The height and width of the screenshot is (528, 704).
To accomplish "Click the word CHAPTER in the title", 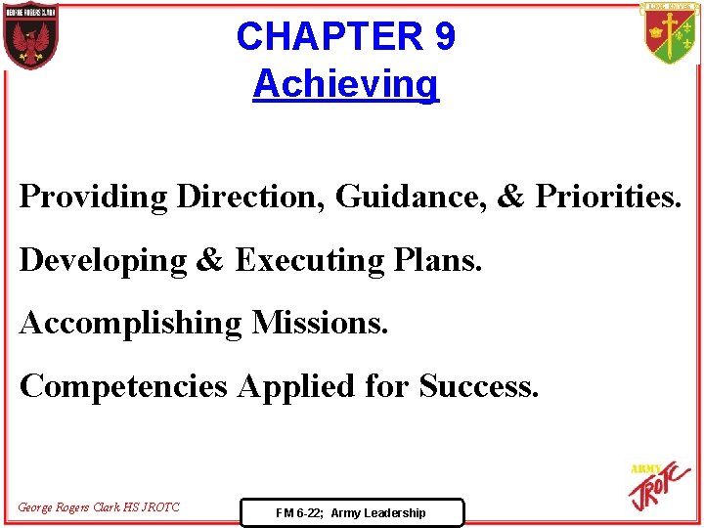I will tap(326, 37).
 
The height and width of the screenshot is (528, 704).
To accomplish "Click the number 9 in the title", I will tap(442, 37).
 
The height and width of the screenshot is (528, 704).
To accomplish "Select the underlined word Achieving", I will tap(346, 84).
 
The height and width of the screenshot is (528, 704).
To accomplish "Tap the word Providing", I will tap(94, 197).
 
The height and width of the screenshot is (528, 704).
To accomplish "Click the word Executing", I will tap(310, 260).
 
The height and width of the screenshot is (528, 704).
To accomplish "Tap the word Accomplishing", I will tap(130, 323).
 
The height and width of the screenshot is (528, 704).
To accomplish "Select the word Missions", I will tap(321, 323).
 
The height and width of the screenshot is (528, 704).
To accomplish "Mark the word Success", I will tap(478, 385).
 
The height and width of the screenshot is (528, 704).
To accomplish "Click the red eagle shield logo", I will tap(31, 37).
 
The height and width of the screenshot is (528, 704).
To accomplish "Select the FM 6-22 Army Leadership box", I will tap(351, 512).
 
